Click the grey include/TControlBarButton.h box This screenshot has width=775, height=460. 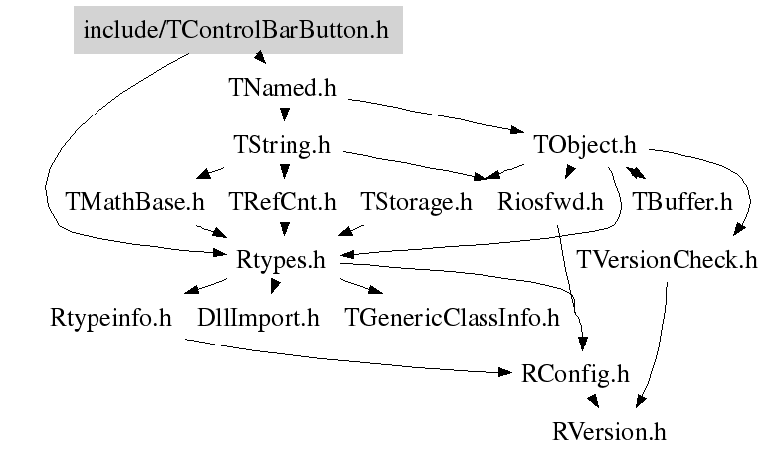coord(238,30)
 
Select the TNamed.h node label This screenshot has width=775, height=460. coord(283,88)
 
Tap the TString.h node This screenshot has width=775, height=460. coord(282,145)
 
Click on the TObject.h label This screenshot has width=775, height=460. coord(585,145)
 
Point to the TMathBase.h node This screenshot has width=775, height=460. coord(134,202)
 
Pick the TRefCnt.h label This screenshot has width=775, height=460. coord(283,202)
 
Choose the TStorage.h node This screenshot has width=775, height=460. coord(416,202)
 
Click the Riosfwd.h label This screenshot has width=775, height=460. coord(550,202)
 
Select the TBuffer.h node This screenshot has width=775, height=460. coord(682,202)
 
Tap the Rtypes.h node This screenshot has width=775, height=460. coord(281,260)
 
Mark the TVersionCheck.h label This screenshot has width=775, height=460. coord(667,260)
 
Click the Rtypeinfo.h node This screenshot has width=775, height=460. coord(110,318)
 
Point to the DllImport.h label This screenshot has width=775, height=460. coord(259,318)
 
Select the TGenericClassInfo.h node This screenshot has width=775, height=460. coord(452,318)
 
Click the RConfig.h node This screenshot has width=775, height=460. coord(575,375)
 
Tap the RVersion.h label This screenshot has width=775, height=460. coord(609,432)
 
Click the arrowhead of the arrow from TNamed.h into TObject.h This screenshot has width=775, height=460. coord(517,130)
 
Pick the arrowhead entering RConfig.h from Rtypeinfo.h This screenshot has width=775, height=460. coord(505,372)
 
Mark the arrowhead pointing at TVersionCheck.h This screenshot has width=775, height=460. coord(739,229)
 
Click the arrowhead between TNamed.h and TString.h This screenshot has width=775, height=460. coord(285,115)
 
